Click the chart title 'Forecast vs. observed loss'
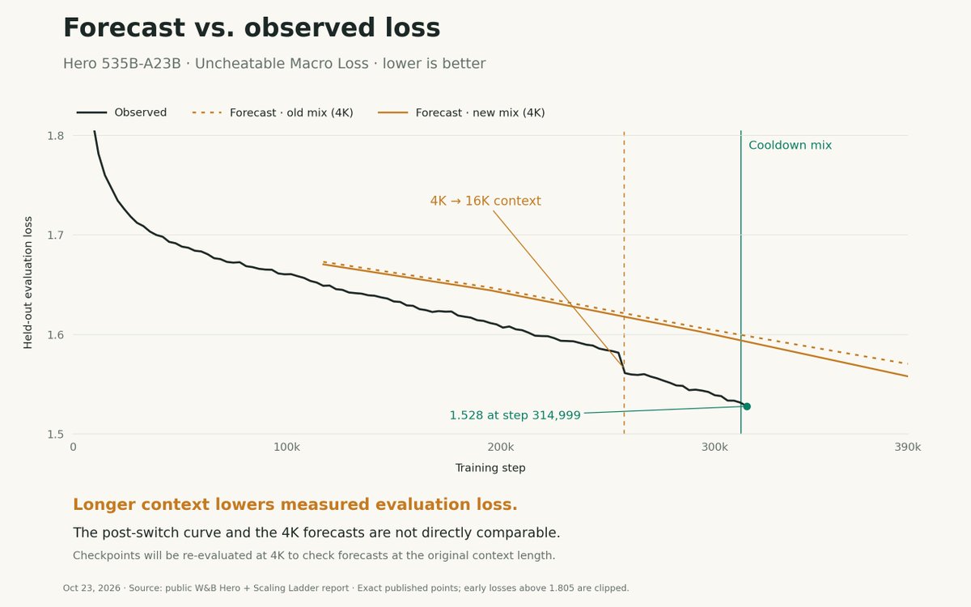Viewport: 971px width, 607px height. pos(252,28)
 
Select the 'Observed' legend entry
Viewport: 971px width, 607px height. pos(122,112)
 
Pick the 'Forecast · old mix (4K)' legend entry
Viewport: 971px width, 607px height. pos(273,112)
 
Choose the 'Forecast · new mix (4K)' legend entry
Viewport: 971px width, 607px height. pos(461,112)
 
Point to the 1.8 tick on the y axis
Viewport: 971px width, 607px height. pos(56,136)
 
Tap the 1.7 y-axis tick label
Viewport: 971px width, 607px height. pos(56,236)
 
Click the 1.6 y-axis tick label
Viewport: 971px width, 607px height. pos(56,335)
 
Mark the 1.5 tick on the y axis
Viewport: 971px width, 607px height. pos(56,434)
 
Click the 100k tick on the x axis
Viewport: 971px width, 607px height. pos(286,447)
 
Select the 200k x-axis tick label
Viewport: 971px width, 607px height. pos(501,447)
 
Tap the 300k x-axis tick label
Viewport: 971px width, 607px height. pos(714,447)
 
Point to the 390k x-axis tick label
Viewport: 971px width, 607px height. pos(908,447)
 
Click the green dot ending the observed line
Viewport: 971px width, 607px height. pos(747,406)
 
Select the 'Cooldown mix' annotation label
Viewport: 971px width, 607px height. pos(791,145)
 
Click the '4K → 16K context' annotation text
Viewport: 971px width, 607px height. pos(485,202)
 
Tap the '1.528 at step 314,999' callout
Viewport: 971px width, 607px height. pos(515,415)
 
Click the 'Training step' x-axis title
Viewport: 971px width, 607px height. pos(490,468)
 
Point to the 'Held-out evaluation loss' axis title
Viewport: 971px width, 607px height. pos(28,282)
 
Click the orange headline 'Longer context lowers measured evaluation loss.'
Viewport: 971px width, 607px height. pos(295,504)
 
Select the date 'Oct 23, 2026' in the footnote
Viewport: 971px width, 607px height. pos(91,588)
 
